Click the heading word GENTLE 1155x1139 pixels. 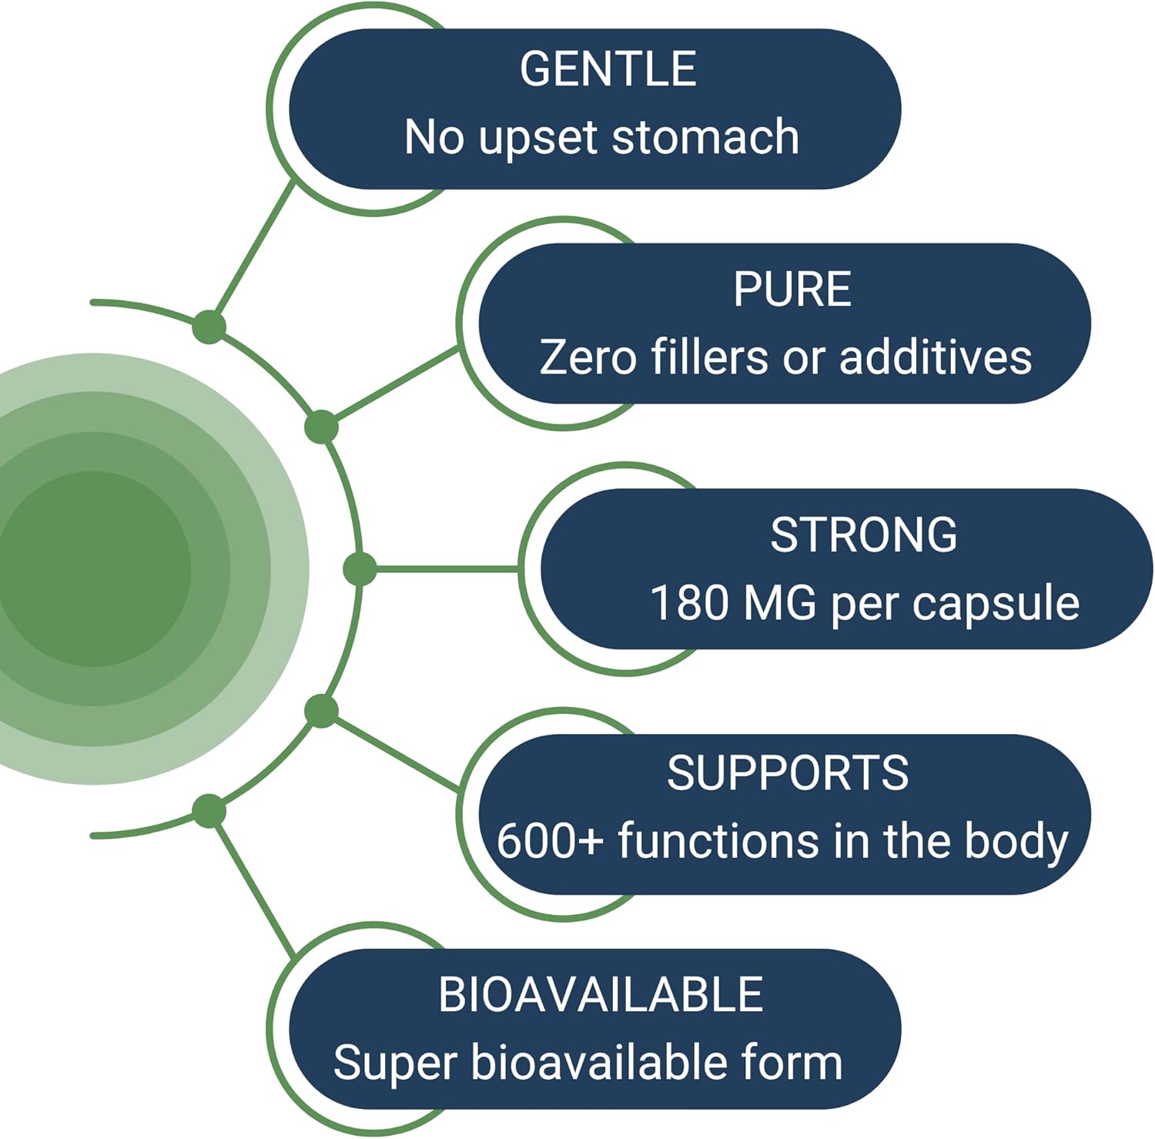pos(608,69)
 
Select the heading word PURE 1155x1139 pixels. pos(792,290)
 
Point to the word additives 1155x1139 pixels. pos(935,358)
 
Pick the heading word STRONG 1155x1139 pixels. pos(863,535)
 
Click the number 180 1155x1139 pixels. pos(689,603)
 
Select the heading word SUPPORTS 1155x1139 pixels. pos(787,772)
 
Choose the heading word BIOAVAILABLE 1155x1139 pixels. pos(600,994)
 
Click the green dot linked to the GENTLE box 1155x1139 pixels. pos(209,327)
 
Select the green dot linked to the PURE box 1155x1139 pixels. pos(321,427)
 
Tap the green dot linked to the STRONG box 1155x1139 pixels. pos(359,569)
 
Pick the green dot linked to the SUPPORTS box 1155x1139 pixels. pos(321,711)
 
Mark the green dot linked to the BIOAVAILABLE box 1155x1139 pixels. pos(209,811)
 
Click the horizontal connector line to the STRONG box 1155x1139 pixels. pos(447,569)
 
